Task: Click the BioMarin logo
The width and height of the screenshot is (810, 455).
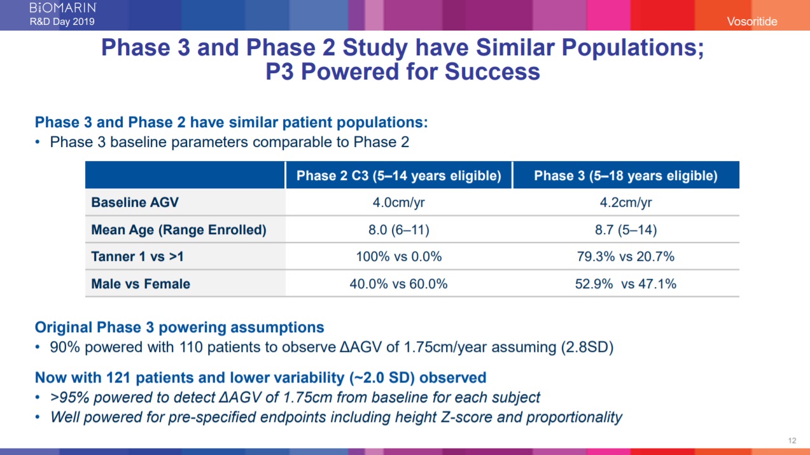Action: tap(63, 8)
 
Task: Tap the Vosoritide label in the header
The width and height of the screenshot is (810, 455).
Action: tap(753, 22)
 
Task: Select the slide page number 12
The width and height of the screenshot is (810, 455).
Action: tap(792, 441)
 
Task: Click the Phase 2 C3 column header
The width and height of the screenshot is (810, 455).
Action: tap(398, 176)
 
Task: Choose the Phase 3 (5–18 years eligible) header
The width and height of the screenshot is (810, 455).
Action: tap(625, 176)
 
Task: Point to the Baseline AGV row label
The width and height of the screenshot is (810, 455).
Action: tap(135, 203)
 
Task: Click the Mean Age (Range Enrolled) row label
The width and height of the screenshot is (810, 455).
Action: tap(179, 230)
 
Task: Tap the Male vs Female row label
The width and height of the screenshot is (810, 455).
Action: tap(141, 284)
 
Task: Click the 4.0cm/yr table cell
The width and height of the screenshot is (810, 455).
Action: tap(398, 203)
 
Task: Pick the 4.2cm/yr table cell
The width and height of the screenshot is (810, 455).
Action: tap(625, 203)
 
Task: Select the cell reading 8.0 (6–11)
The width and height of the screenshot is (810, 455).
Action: tap(398, 230)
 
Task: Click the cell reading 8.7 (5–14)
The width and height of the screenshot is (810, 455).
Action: tap(625, 230)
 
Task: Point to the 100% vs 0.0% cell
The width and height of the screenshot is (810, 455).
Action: tap(398, 256)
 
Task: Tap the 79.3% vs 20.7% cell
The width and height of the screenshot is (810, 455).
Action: tap(625, 256)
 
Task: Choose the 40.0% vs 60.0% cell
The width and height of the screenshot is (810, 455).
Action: tap(398, 284)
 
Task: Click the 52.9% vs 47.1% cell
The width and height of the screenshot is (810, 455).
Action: tap(625, 284)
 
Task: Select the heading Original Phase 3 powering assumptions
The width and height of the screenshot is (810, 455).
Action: tap(179, 328)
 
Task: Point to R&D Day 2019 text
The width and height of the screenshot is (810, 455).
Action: tap(62, 22)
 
